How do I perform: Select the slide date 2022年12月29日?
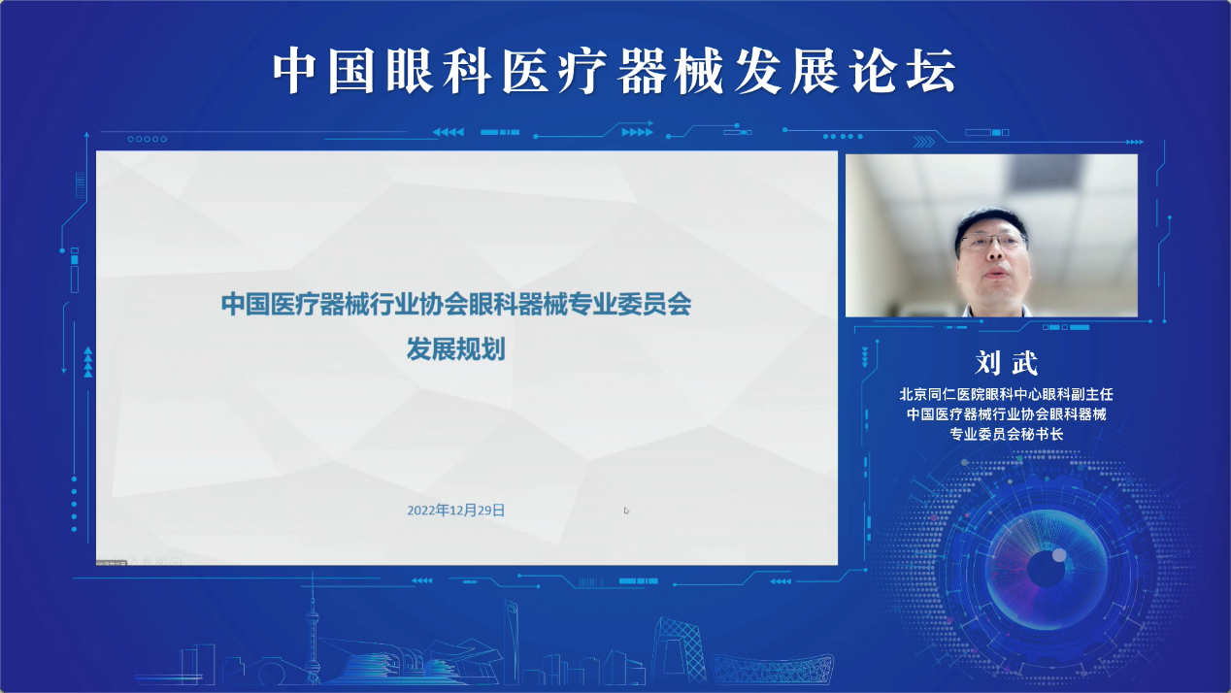coord(455,511)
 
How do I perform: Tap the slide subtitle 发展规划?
coord(455,349)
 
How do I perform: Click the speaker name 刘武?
coord(1006,363)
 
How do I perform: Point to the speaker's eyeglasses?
coord(993,242)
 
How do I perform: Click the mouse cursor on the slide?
coord(626,511)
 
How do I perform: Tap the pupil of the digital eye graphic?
coord(1046,569)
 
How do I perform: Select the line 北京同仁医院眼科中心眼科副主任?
coord(1006,394)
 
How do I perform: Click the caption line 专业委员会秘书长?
coord(1006,434)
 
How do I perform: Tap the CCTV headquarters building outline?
coord(679,650)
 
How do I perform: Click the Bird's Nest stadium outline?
coord(773,670)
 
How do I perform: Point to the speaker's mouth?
coord(996,272)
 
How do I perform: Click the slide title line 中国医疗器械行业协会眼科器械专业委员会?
coord(455,304)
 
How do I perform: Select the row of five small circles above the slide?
coord(148,139)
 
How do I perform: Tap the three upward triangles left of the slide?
coord(88,362)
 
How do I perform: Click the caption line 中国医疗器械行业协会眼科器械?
coord(1006,414)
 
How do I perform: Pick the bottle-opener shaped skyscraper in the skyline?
coord(512,641)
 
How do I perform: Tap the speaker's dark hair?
coord(991,219)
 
